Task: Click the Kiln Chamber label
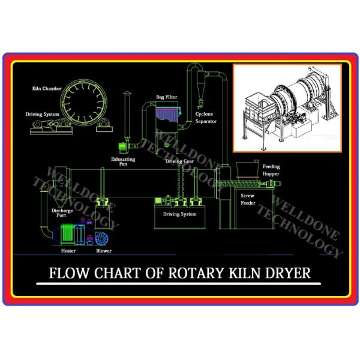[x=46, y=88]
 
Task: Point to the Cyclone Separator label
[x=206, y=117]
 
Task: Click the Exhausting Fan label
[x=123, y=161]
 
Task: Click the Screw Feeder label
[x=248, y=200]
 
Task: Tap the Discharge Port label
[x=61, y=213]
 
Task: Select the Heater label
[x=68, y=250]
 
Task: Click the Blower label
[x=103, y=250]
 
